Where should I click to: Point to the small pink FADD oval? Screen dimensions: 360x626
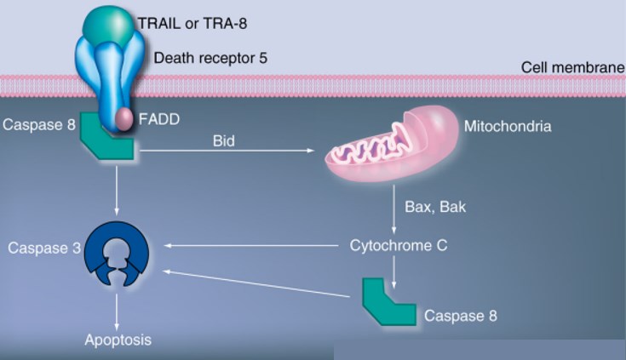click(x=124, y=117)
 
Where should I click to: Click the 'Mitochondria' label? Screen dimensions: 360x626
click(x=508, y=127)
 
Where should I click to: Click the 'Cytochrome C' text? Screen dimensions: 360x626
click(x=399, y=246)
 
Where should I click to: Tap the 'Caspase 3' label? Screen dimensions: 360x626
click(x=37, y=248)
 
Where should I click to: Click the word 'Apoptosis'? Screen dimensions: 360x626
click(x=118, y=340)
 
